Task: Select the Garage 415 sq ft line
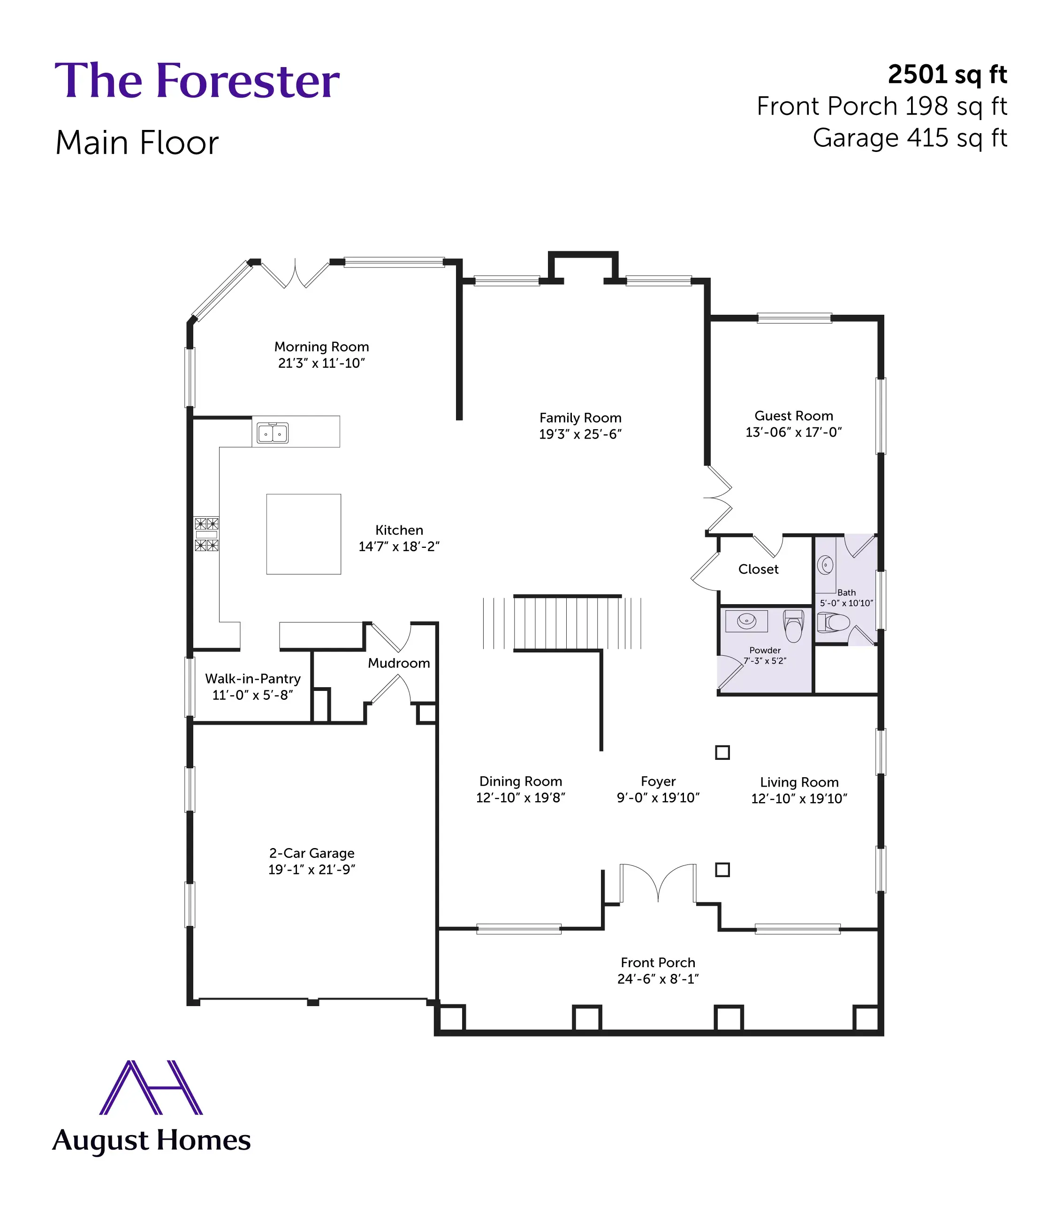(909, 138)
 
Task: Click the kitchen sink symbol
(272, 433)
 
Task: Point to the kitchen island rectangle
(304, 534)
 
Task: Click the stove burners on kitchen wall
(206, 534)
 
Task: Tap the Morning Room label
(321, 347)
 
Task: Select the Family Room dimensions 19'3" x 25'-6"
(580, 434)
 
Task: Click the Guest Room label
(793, 416)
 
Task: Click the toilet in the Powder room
(793, 625)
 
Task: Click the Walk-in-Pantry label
(252, 679)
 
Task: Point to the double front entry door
(658, 882)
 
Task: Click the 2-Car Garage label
(311, 853)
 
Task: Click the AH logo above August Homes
(151, 1088)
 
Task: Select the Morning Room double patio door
(295, 274)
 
